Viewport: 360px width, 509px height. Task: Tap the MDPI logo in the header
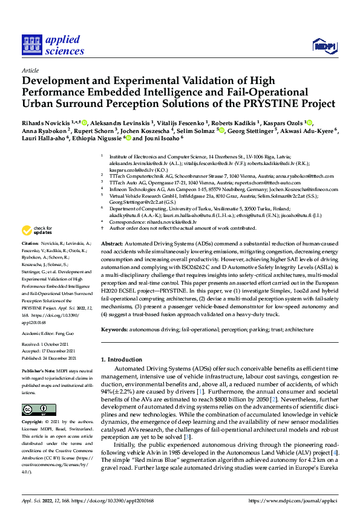tap(324, 45)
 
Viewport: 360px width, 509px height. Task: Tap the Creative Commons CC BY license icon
tap(38, 409)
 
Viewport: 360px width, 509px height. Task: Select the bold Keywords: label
tap(116, 329)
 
